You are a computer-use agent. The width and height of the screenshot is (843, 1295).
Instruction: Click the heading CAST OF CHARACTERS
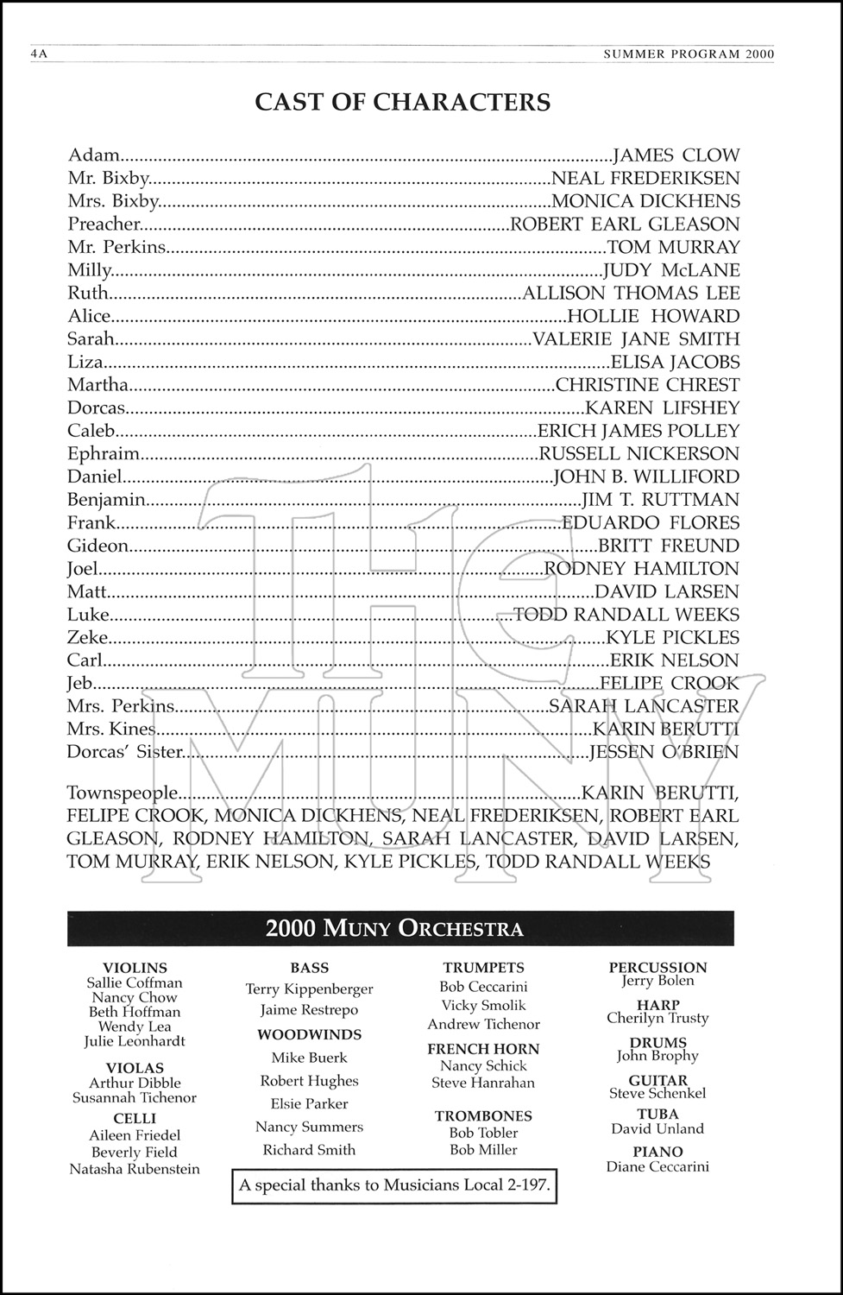[402, 102]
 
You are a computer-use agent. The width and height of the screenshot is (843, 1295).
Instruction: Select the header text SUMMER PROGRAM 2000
[689, 54]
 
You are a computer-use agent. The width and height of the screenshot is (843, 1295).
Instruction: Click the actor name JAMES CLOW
[676, 155]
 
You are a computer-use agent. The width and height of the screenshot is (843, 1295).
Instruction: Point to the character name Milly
[90, 270]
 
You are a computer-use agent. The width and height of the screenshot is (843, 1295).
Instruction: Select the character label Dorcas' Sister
[125, 752]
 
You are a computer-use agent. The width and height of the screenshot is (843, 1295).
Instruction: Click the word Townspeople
[123, 793]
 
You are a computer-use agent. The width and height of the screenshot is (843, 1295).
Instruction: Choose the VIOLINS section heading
[135, 968]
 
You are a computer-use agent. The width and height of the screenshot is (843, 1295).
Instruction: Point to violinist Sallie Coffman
[135, 982]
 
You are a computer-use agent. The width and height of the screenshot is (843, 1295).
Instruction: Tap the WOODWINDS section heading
[309, 1034]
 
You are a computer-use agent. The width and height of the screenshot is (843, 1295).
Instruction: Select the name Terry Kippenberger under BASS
[309, 989]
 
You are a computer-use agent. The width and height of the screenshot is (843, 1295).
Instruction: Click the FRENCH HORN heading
[483, 1049]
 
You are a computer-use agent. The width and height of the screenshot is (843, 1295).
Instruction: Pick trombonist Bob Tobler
[483, 1133]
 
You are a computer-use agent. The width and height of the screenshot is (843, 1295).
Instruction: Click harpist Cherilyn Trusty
[657, 1019]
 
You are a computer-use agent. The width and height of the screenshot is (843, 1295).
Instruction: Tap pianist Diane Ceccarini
[657, 1167]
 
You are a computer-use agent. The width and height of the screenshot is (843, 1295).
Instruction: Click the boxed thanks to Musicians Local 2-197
[394, 1185]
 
